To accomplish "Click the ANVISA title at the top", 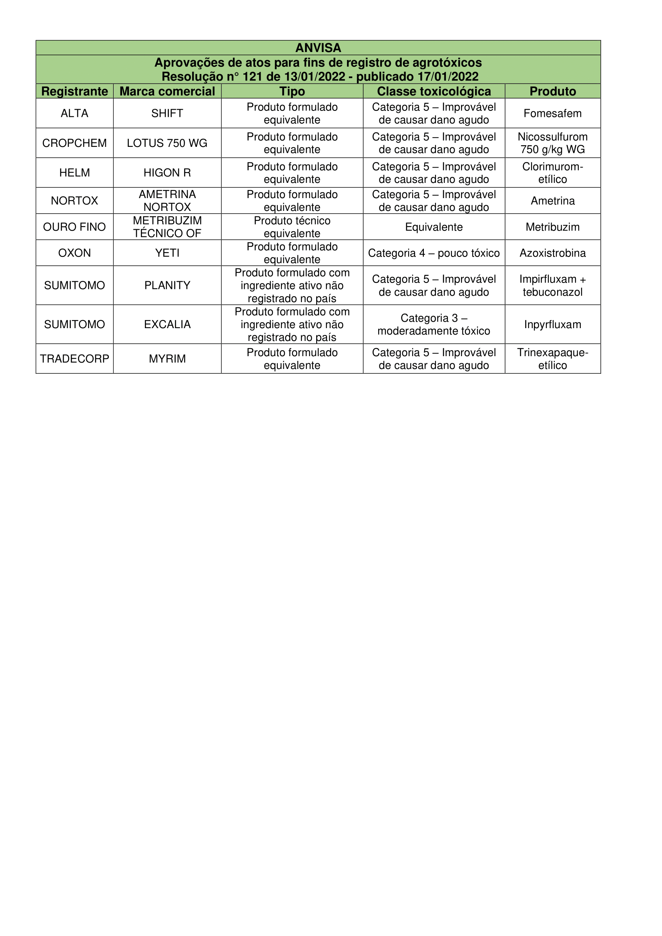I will (318, 48).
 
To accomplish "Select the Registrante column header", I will (74, 91).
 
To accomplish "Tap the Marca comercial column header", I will (167, 91).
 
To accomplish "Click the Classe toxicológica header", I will (434, 91).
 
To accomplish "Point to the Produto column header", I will (552, 91).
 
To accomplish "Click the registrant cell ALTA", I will (74, 113).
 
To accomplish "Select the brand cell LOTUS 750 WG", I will (167, 143).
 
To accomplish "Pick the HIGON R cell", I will (167, 173).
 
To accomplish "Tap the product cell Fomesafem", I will (552, 113).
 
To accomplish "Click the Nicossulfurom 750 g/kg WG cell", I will (552, 143).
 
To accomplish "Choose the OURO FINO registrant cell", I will (74, 227).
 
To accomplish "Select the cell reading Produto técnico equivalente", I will (292, 227).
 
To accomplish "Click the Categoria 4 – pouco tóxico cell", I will (434, 253).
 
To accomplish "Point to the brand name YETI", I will (167, 253).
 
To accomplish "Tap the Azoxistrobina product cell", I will (552, 253).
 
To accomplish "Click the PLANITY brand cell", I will (167, 285).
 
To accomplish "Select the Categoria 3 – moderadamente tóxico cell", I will (434, 325).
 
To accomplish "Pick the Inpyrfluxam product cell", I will (552, 325).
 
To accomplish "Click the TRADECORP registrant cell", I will (74, 359).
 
